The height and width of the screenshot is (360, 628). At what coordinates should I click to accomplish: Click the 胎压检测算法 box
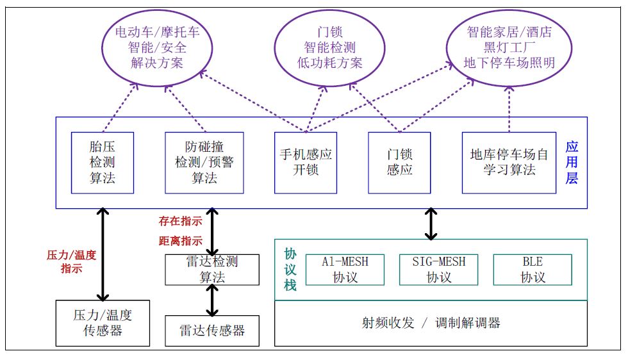tap(103, 163)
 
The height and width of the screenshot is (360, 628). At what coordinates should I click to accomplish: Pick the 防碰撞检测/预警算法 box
tap(204, 163)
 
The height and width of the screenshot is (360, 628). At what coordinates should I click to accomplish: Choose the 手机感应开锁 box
tap(306, 163)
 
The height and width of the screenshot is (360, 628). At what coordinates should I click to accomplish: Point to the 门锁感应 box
tap(399, 163)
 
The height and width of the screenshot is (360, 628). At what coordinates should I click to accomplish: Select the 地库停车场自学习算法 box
tap(509, 163)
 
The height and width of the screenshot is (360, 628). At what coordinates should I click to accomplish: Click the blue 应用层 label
tap(572, 163)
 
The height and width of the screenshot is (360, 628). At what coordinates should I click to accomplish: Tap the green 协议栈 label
tap(290, 269)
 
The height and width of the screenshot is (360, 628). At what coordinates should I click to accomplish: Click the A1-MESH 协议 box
tap(345, 269)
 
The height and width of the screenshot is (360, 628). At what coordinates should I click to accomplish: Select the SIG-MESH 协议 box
tap(439, 269)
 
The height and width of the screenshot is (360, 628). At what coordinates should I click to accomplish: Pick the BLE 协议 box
tap(532, 269)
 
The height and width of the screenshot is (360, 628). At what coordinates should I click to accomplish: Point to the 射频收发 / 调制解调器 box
tap(431, 323)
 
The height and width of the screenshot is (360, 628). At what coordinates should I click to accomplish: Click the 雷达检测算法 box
tap(212, 269)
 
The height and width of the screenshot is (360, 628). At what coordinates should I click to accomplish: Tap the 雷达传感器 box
tap(212, 331)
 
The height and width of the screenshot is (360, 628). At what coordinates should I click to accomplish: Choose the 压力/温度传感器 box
tap(103, 323)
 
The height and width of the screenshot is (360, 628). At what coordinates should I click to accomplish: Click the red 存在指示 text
tap(181, 222)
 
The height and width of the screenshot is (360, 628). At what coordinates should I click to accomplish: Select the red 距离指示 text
tap(181, 241)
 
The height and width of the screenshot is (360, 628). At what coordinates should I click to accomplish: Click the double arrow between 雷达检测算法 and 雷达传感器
tap(212, 300)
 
